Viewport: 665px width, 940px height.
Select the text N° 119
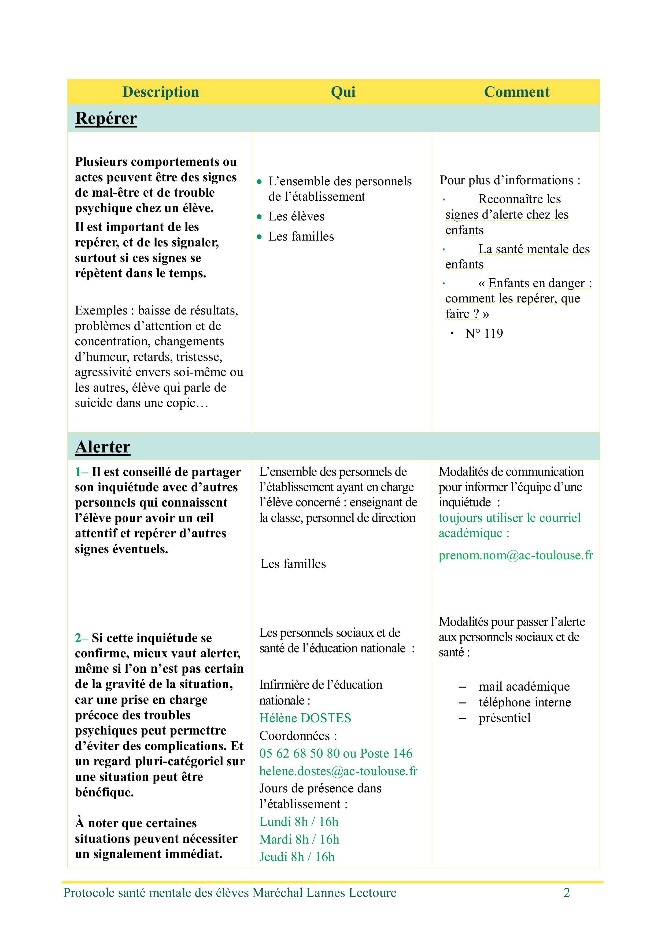(484, 334)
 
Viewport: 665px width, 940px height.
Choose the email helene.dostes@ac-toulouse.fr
(338, 771)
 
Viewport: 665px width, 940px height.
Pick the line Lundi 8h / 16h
(299, 822)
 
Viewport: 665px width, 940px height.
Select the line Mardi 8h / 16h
(299, 839)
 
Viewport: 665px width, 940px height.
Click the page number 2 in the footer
(567, 893)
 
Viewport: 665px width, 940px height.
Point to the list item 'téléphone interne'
(524, 702)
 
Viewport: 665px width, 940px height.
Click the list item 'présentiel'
(504, 718)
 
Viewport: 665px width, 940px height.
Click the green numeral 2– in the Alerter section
(81, 638)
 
